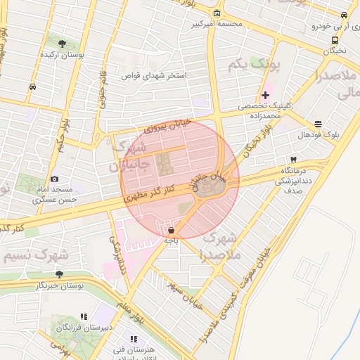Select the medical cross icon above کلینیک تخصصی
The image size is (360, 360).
265,95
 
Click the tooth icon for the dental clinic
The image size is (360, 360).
293,160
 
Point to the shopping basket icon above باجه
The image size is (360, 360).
171,230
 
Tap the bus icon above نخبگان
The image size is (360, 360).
335,40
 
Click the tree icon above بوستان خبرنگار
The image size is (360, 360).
59,274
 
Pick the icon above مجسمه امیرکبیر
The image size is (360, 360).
217,13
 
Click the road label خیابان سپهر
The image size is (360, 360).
181,295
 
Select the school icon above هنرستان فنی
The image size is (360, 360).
134,340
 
